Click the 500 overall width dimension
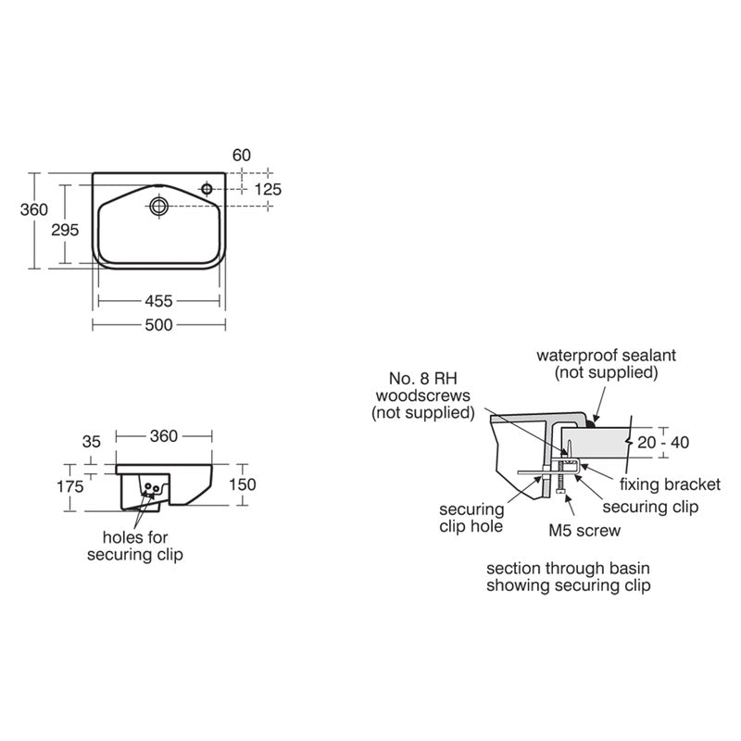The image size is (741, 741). click(x=158, y=324)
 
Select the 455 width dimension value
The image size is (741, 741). click(x=158, y=301)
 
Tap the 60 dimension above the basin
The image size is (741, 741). click(x=241, y=156)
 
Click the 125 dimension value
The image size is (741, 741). click(x=268, y=189)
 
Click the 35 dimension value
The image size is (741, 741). click(x=90, y=442)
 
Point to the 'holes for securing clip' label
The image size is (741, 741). click(x=135, y=546)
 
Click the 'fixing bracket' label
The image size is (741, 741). click(x=670, y=484)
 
